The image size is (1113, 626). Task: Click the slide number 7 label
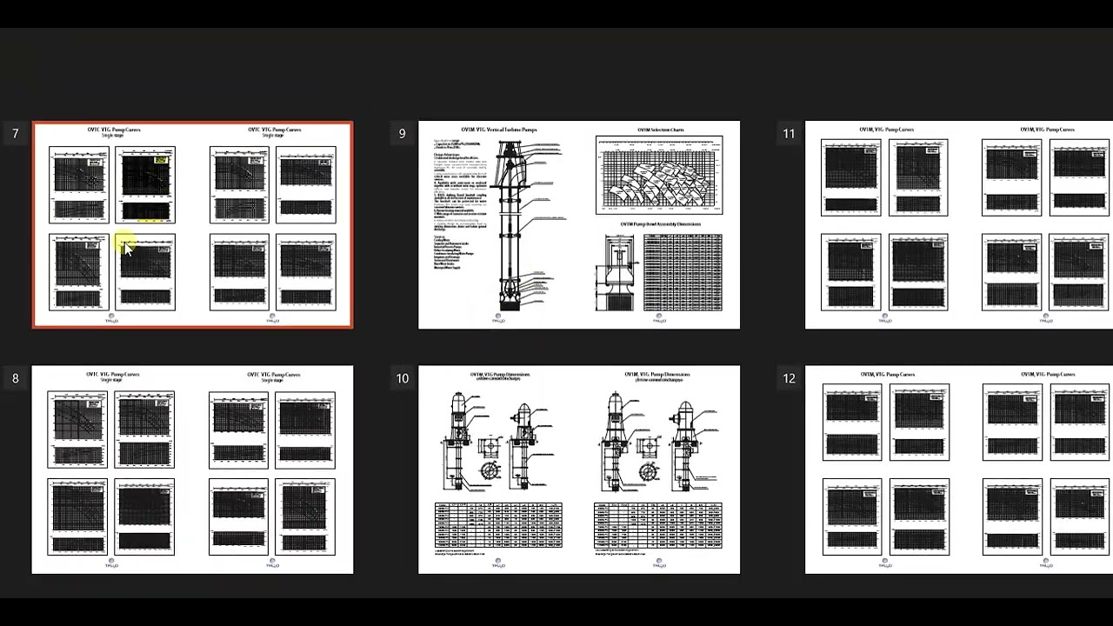coord(15,134)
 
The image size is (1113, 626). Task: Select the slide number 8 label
coord(15,378)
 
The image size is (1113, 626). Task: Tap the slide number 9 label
coord(402,134)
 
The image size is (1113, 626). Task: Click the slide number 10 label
coord(402,378)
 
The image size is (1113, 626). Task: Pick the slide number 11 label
coord(789,134)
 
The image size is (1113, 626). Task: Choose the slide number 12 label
coord(789,378)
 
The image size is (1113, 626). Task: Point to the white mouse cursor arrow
coord(128,250)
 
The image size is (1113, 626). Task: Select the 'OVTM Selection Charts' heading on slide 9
coord(660,130)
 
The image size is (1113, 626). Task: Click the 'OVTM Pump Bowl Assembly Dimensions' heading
coord(660,224)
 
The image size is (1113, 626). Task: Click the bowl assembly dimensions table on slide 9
coord(683,272)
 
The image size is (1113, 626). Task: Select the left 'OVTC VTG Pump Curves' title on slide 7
coord(113,130)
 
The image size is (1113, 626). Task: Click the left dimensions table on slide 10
coord(498,524)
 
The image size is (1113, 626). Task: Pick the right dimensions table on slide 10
coord(658,524)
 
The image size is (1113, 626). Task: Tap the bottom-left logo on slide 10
coord(498,563)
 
